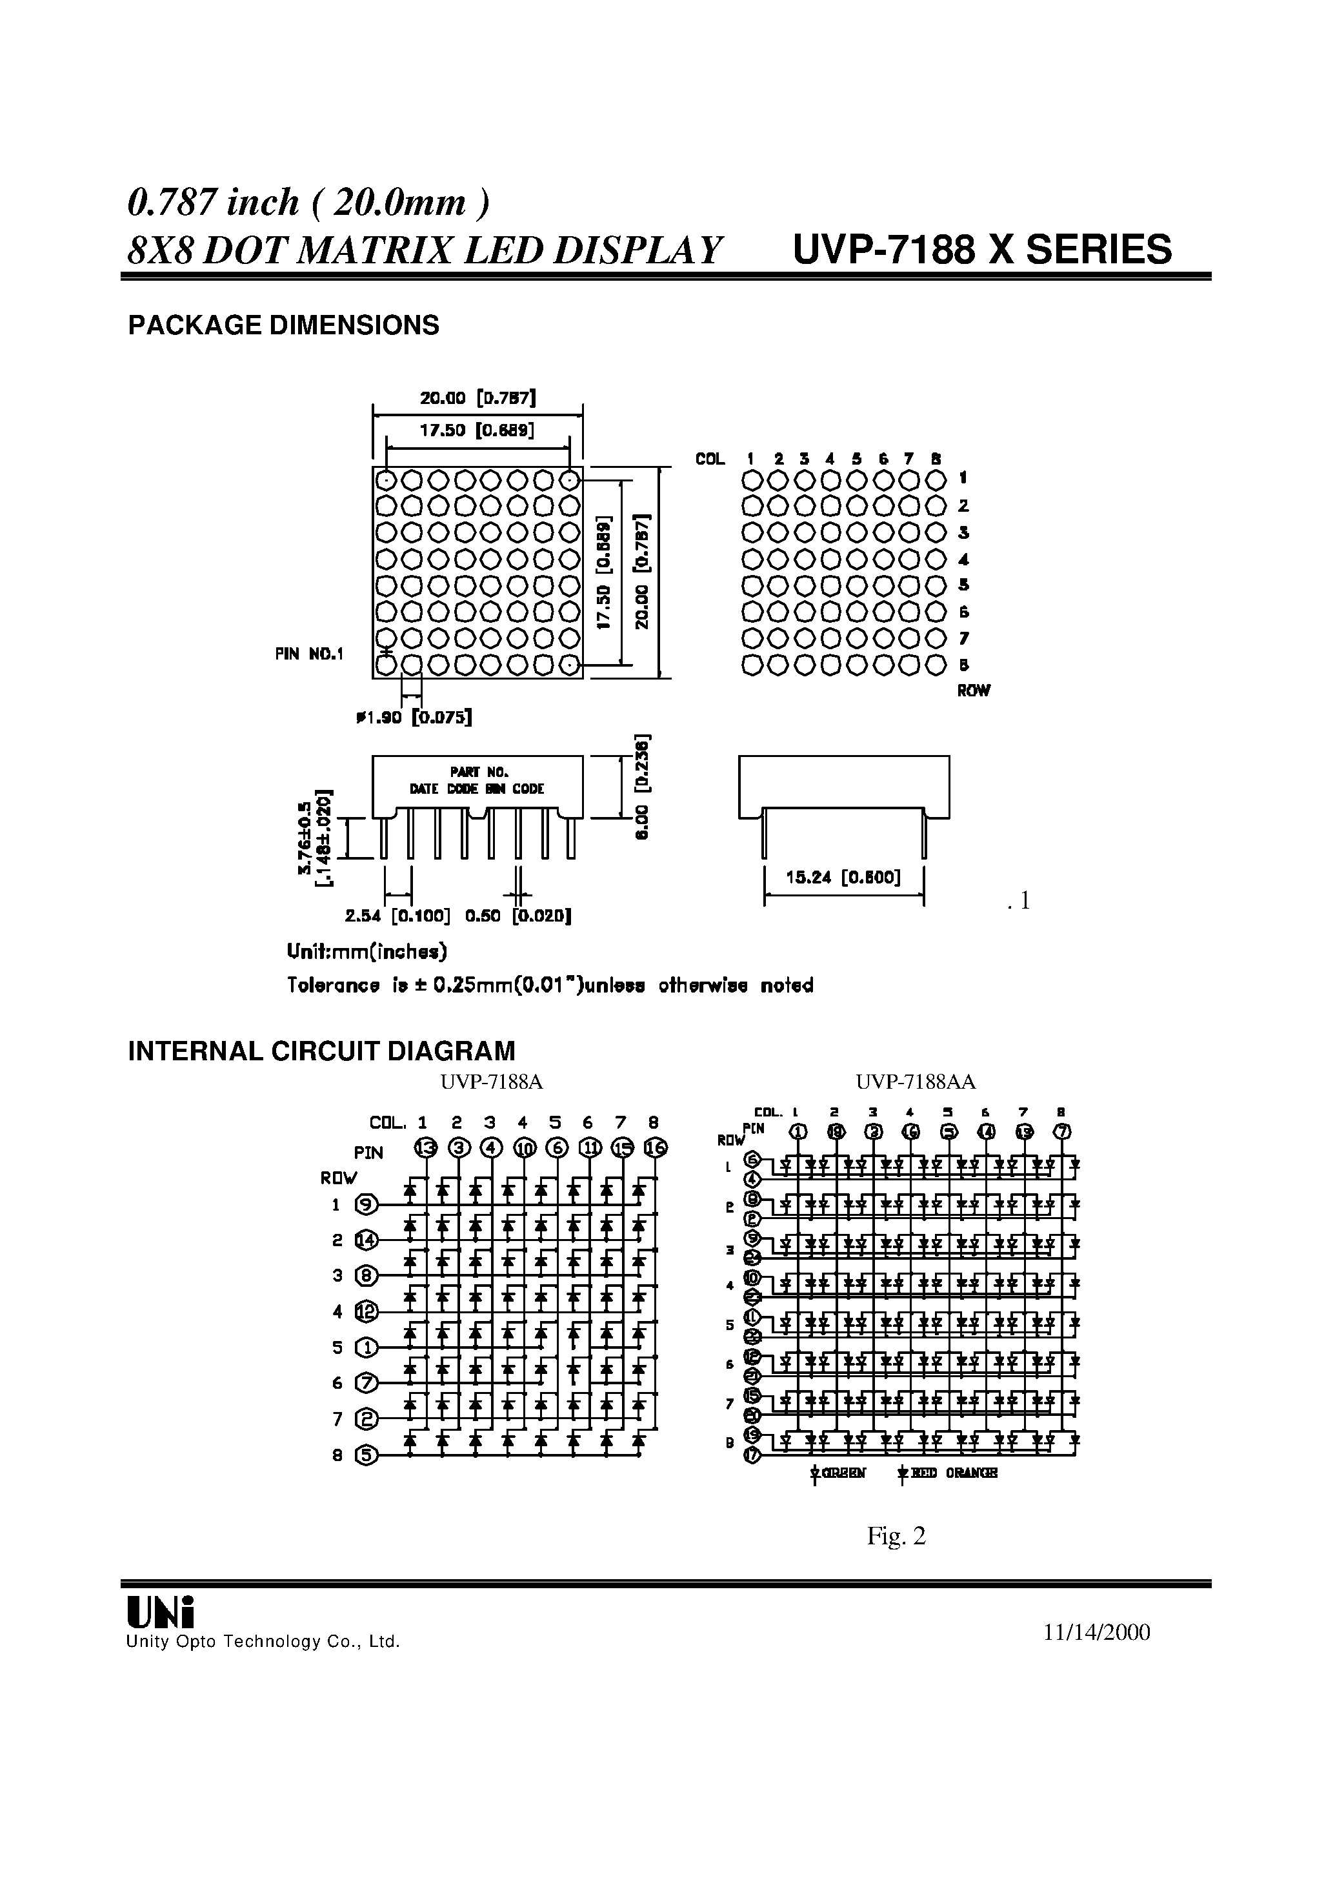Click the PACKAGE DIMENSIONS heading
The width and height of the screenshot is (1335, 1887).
tap(284, 326)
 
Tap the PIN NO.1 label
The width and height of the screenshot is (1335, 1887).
tap(309, 654)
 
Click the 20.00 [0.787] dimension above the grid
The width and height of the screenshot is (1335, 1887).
tap(477, 399)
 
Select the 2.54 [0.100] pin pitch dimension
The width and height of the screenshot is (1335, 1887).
tap(397, 916)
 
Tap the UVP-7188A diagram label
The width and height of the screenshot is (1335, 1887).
tap(492, 1082)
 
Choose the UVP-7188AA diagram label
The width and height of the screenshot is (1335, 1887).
tap(916, 1082)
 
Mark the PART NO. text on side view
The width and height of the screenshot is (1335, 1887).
tap(479, 772)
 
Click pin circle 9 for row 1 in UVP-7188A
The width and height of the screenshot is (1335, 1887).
tap(366, 1206)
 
